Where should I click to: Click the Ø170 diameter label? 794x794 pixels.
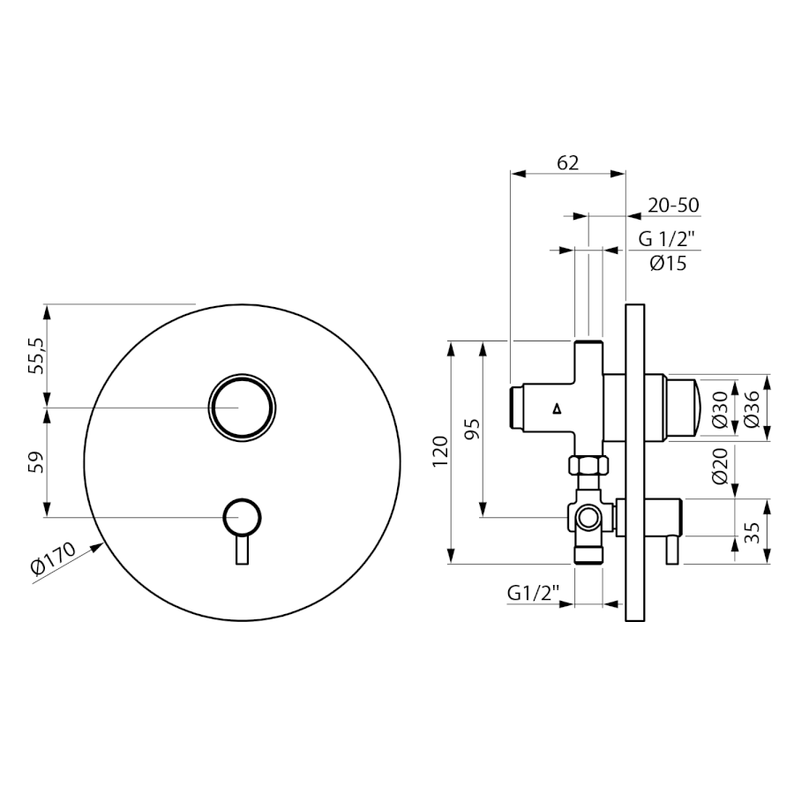pyautogui.click(x=54, y=558)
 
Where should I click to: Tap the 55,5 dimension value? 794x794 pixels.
pyautogui.click(x=36, y=356)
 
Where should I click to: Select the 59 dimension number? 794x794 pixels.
pyautogui.click(x=36, y=462)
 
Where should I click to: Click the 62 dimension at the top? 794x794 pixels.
pyautogui.click(x=567, y=162)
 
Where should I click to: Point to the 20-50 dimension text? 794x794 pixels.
pyautogui.click(x=673, y=205)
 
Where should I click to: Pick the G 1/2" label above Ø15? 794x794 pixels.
pyautogui.click(x=666, y=238)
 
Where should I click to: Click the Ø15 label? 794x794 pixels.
pyautogui.click(x=668, y=263)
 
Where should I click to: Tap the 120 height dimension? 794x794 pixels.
pyautogui.click(x=441, y=451)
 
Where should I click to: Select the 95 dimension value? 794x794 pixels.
pyautogui.click(x=473, y=429)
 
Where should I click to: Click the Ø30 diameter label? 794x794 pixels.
pyautogui.click(x=719, y=409)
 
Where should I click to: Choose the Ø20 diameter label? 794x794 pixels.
pyautogui.click(x=719, y=466)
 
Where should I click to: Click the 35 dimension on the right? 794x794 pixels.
pyautogui.click(x=754, y=533)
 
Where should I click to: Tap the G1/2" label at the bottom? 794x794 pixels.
pyautogui.click(x=533, y=593)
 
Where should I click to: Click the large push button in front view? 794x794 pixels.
pyautogui.click(x=242, y=408)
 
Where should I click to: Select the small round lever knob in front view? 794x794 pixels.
pyautogui.click(x=242, y=517)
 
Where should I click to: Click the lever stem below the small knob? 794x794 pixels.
pyautogui.click(x=242, y=550)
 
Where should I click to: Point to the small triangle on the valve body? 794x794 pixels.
pyautogui.click(x=558, y=409)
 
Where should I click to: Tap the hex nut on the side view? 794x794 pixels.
pyautogui.click(x=588, y=465)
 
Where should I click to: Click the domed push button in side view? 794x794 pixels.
pyautogui.click(x=682, y=408)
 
